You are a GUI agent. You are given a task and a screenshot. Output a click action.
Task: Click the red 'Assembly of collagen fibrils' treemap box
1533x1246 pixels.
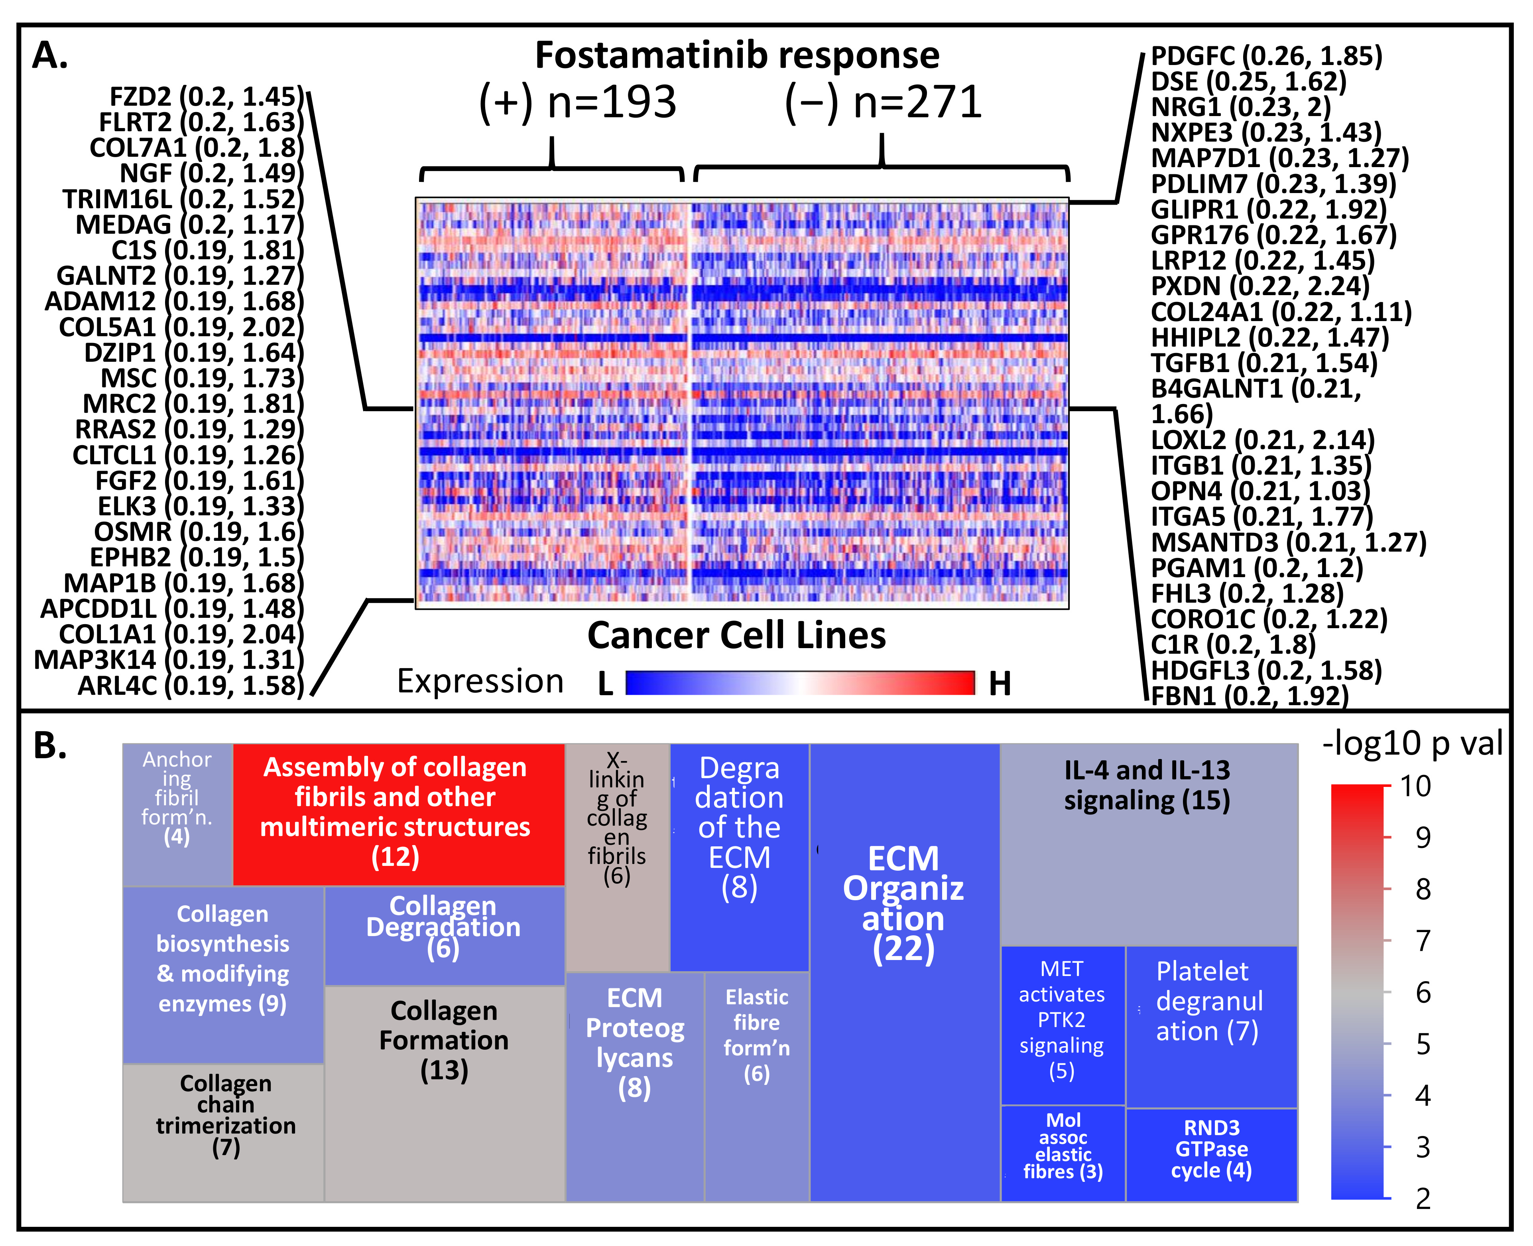coord(398,814)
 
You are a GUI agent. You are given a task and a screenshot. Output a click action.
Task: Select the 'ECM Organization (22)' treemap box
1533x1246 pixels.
coord(904,972)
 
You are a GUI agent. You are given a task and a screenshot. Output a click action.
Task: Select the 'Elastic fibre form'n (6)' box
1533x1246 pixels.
coord(757,1086)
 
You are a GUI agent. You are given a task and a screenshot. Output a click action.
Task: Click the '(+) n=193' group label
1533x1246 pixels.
coord(577,103)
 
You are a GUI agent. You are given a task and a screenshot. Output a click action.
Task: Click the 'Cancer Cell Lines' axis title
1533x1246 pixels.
coord(737,635)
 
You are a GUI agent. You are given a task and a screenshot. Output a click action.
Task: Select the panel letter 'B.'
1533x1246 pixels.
coord(50,747)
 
